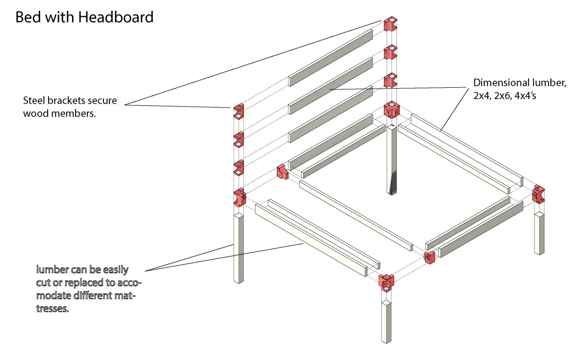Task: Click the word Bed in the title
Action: tap(27, 17)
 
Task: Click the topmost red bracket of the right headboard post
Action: tap(391, 24)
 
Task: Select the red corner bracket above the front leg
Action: tap(387, 282)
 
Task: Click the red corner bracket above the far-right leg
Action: tap(538, 194)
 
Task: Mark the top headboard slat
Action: tap(330, 57)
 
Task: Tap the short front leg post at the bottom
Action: tap(387, 322)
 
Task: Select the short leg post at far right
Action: tap(540, 234)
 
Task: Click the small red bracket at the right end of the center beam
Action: tap(430, 257)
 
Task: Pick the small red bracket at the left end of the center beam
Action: tap(283, 172)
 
